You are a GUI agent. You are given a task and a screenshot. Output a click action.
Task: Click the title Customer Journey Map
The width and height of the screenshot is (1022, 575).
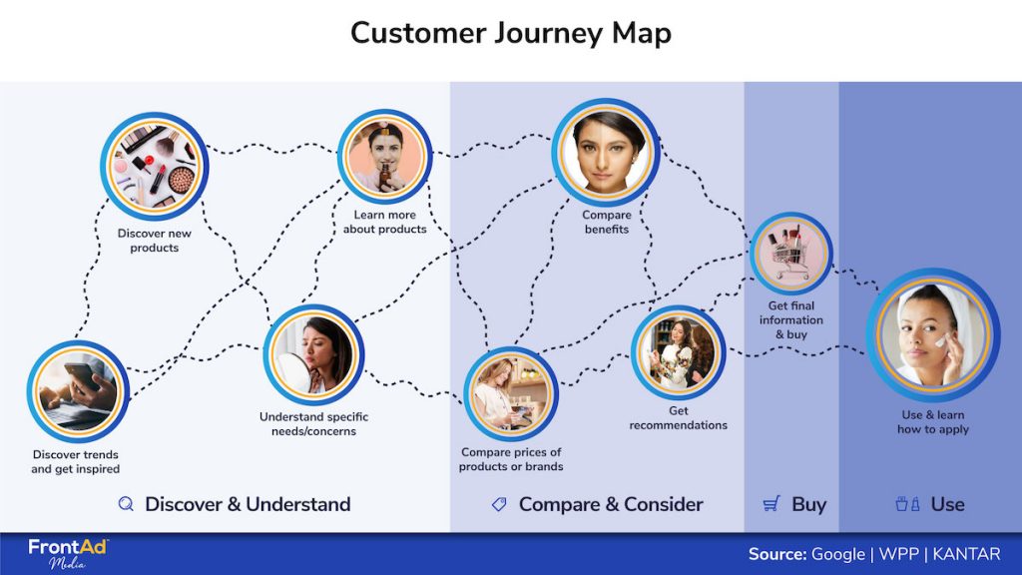(510, 33)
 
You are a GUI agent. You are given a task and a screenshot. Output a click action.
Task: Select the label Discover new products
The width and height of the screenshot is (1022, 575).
(154, 241)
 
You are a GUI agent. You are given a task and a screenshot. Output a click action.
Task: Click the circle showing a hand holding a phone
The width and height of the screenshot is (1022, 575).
(78, 390)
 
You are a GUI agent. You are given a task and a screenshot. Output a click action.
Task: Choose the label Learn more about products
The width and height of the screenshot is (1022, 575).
(384, 222)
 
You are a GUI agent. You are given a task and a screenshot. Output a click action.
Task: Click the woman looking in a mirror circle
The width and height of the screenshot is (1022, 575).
(313, 355)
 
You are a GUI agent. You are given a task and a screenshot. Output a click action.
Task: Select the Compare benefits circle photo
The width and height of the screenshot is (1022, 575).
(606, 151)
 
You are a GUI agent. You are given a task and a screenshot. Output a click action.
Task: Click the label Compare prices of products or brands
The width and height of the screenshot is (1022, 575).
(511, 459)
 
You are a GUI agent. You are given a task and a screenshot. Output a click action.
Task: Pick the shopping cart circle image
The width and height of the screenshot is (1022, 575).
(790, 253)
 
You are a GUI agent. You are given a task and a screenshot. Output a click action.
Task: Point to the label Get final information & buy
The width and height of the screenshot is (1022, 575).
(790, 320)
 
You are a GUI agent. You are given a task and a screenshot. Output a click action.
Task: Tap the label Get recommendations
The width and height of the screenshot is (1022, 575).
(678, 417)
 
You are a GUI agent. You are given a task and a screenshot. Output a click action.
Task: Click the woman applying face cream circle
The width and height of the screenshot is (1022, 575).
(932, 334)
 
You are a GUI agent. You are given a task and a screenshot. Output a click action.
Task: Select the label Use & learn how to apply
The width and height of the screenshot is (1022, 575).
(932, 422)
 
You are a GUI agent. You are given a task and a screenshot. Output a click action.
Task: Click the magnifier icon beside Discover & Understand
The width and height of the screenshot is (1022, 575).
(126, 504)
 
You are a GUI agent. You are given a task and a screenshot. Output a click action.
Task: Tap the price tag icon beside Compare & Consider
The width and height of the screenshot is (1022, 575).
(499, 504)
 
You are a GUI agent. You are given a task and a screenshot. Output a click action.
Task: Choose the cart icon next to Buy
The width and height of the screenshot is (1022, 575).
(770, 504)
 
